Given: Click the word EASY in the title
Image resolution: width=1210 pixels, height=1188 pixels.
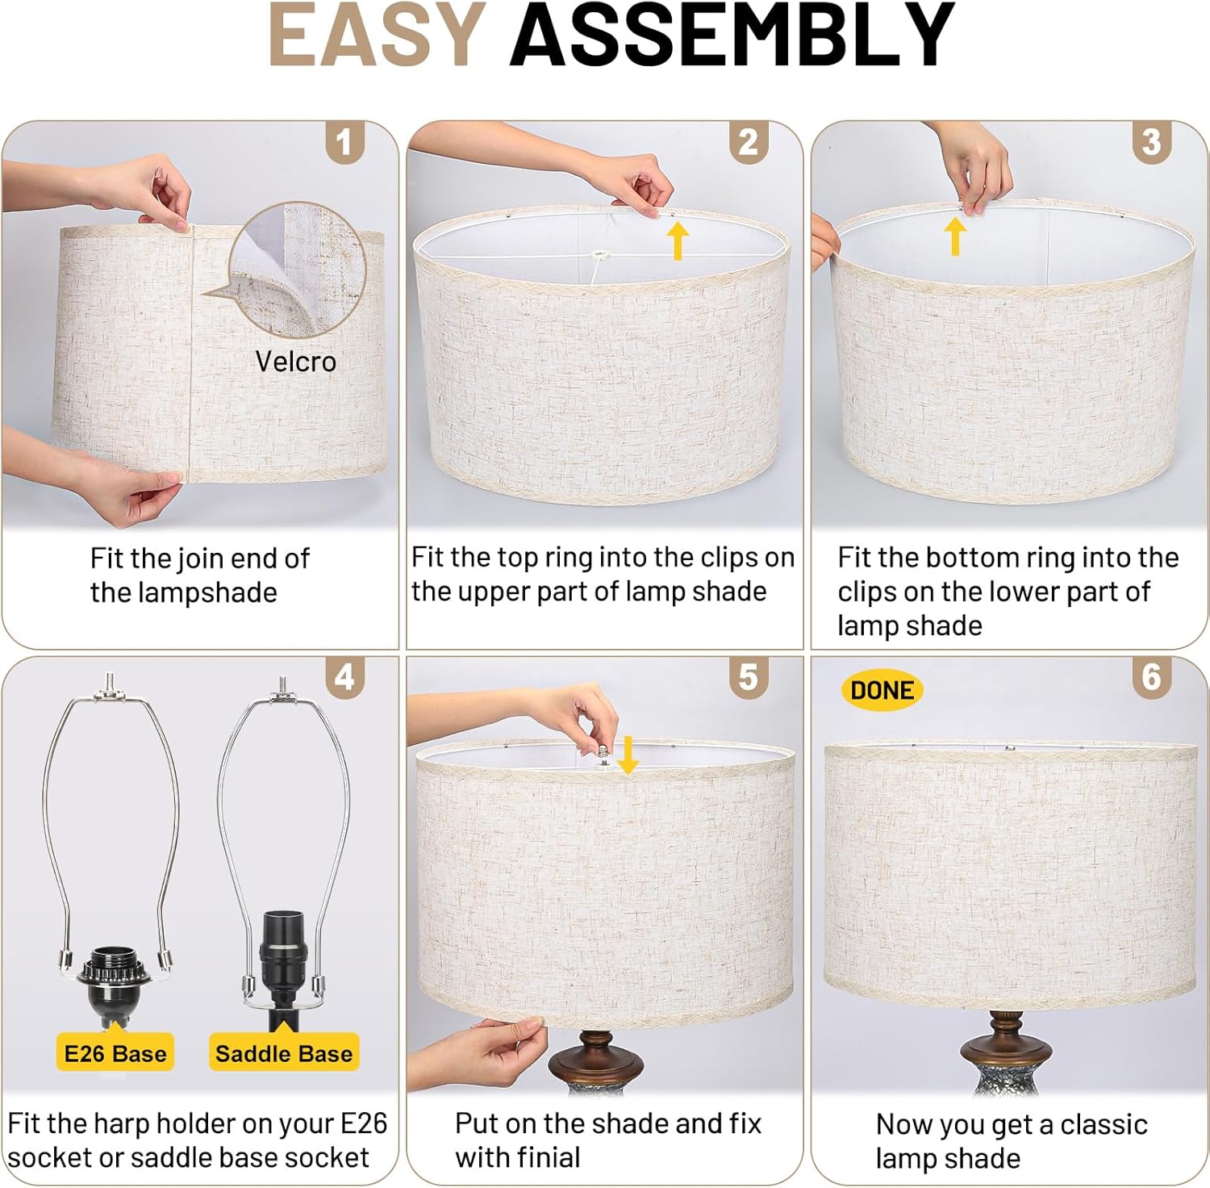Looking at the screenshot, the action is pyautogui.click(x=377, y=35).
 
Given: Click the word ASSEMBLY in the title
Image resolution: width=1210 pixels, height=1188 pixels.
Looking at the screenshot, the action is pyautogui.click(x=732, y=35).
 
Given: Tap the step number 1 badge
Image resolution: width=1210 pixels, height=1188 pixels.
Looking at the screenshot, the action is pyautogui.click(x=345, y=142).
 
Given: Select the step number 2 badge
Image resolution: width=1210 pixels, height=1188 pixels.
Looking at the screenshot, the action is pyautogui.click(x=749, y=142).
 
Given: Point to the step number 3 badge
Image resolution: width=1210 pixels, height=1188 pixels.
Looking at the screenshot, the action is pyautogui.click(x=1152, y=142).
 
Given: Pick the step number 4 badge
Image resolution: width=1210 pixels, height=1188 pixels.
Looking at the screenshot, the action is pyautogui.click(x=345, y=676).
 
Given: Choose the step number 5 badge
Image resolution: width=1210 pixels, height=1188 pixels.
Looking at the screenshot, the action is pyautogui.click(x=749, y=676).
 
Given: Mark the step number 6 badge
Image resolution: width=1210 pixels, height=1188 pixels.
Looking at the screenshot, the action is pyautogui.click(x=1152, y=676).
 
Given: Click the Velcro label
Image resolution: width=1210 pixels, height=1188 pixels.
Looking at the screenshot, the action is pyautogui.click(x=295, y=362).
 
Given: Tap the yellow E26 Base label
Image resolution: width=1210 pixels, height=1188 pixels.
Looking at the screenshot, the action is pyautogui.click(x=115, y=1052).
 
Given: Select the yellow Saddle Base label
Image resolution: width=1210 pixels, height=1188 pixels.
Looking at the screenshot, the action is pyautogui.click(x=284, y=1052).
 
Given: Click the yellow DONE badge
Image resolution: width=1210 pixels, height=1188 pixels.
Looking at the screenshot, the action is pyautogui.click(x=882, y=691).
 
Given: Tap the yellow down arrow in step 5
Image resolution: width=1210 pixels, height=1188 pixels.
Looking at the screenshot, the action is pyautogui.click(x=628, y=754).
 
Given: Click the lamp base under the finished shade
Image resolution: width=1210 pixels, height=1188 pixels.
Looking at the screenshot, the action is pyautogui.click(x=1004, y=1053).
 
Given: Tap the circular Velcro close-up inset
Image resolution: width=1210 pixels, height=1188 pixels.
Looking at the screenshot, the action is pyautogui.click(x=296, y=269).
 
